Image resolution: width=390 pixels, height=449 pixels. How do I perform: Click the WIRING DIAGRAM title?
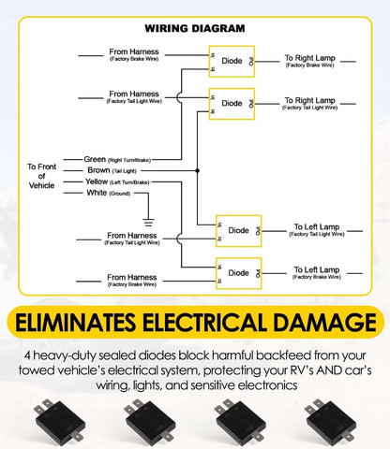195,28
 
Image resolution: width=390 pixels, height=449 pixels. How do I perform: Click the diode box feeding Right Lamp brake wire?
232,62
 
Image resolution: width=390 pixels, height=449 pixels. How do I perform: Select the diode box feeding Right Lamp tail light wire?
232,104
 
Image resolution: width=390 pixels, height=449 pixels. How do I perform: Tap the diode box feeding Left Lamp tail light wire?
239,231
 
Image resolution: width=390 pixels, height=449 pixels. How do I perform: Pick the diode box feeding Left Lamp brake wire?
239,273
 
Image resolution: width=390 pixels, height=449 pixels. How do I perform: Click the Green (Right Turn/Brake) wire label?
117,160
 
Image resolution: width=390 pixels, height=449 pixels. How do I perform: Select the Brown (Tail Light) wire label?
112,170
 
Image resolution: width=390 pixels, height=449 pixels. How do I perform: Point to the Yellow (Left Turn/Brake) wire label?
117,181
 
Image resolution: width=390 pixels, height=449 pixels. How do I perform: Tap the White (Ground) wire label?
109,193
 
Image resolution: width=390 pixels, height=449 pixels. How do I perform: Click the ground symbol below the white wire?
148,223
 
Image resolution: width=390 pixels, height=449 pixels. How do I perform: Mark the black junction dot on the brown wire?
197,170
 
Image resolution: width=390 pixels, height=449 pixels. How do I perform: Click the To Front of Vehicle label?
41,176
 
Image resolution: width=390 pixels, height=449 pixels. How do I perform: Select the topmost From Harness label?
134,54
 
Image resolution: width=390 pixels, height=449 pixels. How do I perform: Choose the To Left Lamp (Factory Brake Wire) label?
317,273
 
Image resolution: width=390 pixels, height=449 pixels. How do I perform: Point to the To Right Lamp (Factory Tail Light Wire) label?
309,104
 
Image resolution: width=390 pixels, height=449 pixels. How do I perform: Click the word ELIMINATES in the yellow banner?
76,323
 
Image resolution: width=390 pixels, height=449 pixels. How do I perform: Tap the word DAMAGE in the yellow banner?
324,323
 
